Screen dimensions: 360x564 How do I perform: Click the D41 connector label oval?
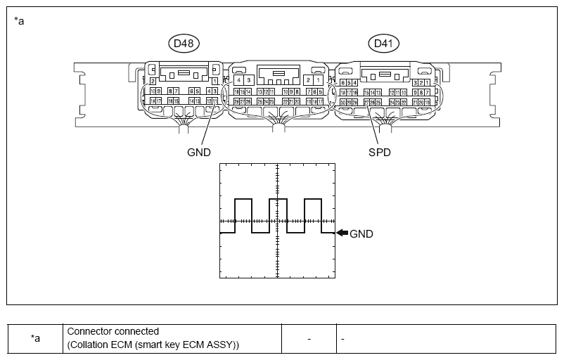click(383, 44)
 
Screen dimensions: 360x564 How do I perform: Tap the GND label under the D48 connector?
click(198, 151)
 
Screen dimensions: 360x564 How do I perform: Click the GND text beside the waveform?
click(361, 234)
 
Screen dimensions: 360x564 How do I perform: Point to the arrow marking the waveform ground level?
click(341, 233)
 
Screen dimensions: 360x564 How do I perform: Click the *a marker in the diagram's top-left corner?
click(19, 20)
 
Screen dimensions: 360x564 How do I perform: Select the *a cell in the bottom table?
click(34, 338)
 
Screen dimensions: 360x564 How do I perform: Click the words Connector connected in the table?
click(113, 331)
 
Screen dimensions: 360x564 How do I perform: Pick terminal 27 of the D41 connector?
click(367, 102)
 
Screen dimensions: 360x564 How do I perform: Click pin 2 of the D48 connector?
click(153, 82)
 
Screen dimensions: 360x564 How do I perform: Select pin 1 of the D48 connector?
click(214, 82)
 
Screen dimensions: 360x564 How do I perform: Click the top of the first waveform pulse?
click(243, 200)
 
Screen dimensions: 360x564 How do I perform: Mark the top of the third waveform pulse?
click(314, 200)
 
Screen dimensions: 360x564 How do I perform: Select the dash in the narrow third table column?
click(309, 338)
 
